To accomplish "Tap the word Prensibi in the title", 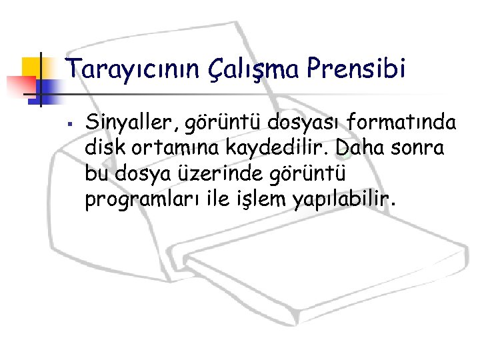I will (x=356, y=69).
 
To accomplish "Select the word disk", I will (x=103, y=147).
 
